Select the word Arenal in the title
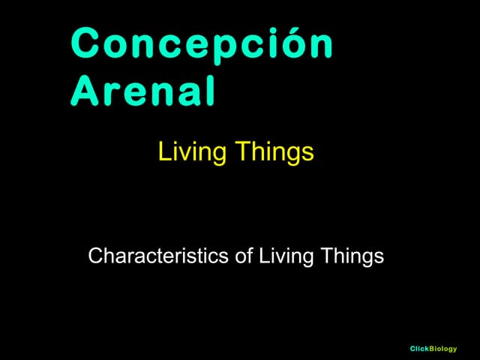(x=143, y=91)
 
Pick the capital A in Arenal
(x=84, y=91)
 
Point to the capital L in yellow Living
(x=163, y=152)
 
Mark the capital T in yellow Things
(x=241, y=152)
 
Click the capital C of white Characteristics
(x=94, y=256)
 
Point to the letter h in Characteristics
(x=107, y=256)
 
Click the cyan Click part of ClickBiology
(x=419, y=349)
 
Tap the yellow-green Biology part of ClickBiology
(x=443, y=349)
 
